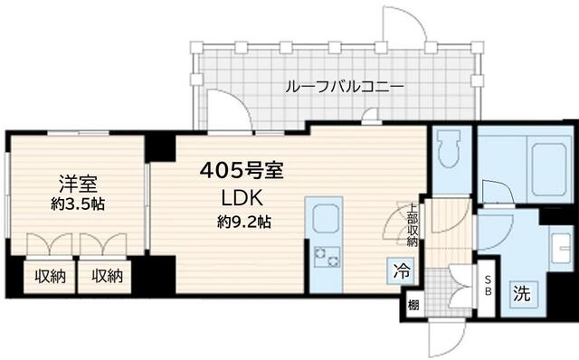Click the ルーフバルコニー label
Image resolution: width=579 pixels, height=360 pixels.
click(x=344, y=87)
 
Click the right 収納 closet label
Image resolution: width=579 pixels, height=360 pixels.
click(x=106, y=276)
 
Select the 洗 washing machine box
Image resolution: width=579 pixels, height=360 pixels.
click(x=522, y=293)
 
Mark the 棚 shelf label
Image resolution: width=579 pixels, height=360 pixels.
click(x=413, y=304)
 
